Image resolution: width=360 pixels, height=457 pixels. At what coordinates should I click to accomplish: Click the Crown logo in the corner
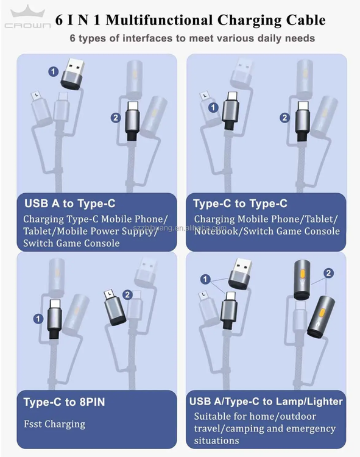(x=27, y=17)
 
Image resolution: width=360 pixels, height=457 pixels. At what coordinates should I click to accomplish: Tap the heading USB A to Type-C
(x=70, y=204)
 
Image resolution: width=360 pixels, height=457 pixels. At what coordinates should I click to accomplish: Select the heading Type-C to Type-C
(x=240, y=204)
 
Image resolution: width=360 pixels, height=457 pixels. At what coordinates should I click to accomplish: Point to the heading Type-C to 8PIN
(x=65, y=402)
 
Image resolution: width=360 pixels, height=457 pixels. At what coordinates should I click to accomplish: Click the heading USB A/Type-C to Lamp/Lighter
(x=266, y=402)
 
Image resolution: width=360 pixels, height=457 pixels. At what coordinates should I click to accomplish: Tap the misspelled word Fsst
(x=33, y=423)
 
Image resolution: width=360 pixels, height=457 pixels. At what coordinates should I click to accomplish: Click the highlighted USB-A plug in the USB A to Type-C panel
(x=73, y=74)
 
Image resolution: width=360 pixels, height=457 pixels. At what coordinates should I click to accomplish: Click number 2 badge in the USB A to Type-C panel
(x=116, y=118)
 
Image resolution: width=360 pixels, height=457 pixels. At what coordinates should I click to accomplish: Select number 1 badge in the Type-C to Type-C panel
(x=213, y=107)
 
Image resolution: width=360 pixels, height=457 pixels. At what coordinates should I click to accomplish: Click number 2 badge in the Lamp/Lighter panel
(x=328, y=273)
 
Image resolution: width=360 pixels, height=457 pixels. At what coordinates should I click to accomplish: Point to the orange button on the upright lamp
(x=302, y=274)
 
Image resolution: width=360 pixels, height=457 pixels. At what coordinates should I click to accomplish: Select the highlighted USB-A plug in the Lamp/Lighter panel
(x=240, y=274)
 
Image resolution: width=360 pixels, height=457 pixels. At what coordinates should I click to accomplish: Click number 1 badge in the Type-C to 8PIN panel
(x=38, y=319)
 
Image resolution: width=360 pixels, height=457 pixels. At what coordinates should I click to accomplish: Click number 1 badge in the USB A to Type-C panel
(x=54, y=71)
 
